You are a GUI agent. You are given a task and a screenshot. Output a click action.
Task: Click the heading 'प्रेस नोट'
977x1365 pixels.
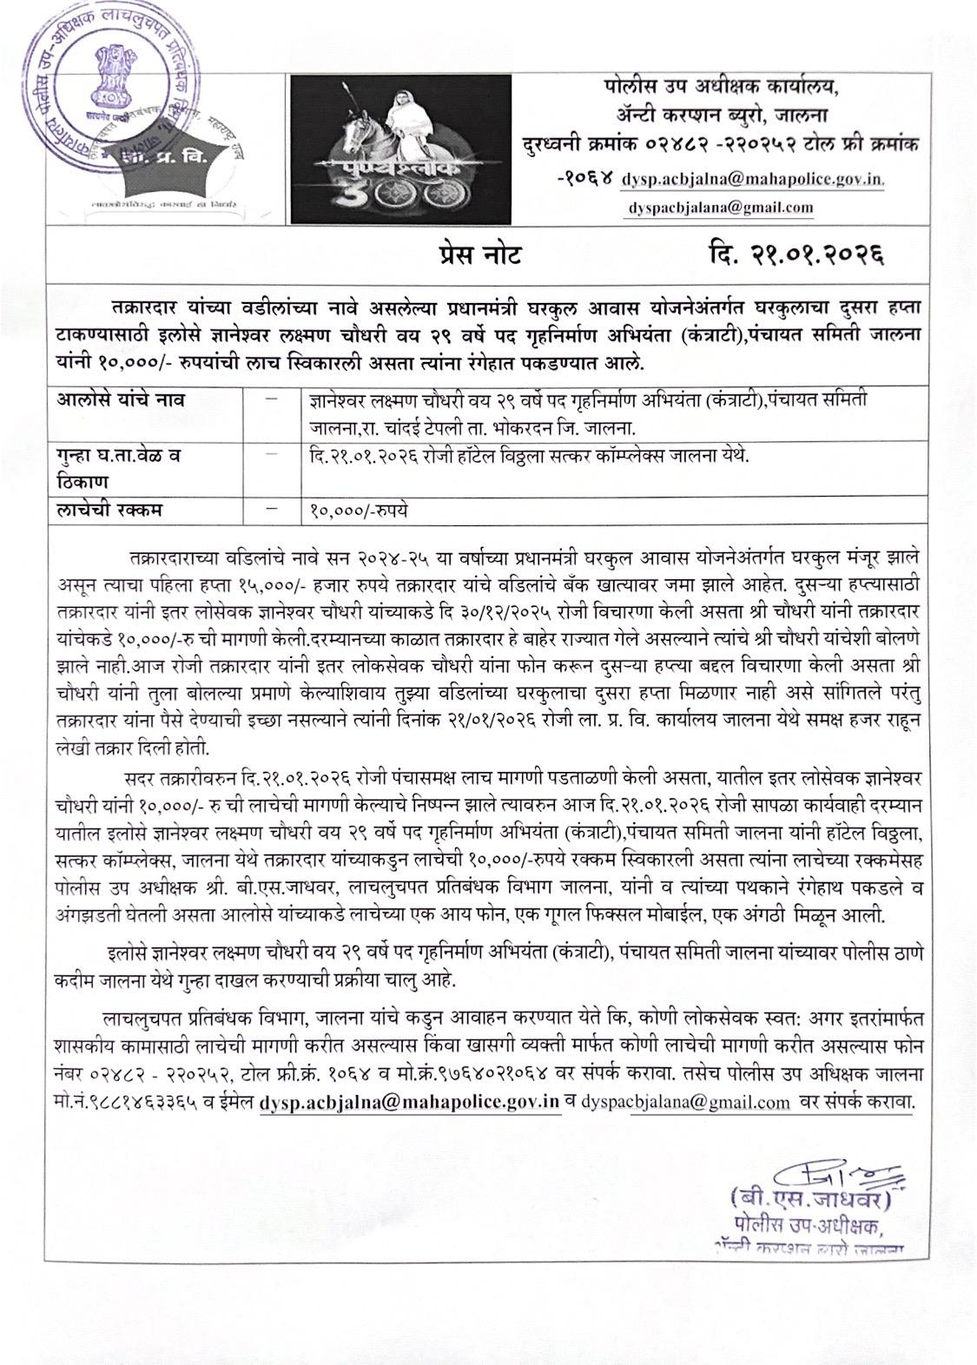[x=480, y=254]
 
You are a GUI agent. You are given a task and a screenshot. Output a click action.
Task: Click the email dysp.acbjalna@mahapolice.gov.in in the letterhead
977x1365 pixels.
[x=753, y=180]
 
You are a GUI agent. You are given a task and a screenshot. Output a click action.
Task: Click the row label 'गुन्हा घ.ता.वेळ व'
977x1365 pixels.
[x=121, y=454]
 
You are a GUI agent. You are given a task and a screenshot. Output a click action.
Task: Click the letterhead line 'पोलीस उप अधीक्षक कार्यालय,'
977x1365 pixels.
[x=722, y=88]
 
